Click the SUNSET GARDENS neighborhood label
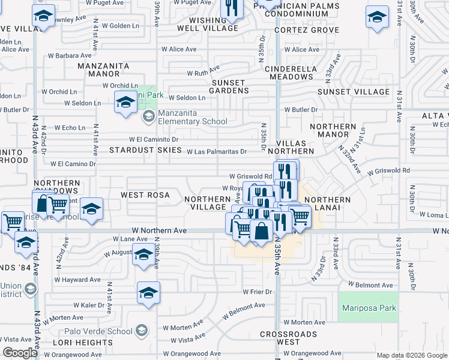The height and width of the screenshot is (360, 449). click(228, 86)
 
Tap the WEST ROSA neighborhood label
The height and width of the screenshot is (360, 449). click(144, 195)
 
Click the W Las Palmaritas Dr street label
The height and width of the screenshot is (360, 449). click(217, 152)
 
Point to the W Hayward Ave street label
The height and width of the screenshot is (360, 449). click(77, 280)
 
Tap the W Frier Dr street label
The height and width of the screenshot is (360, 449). click(258, 292)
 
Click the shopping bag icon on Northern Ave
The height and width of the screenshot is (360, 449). click(262, 231)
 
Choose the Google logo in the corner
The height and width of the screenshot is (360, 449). click(20, 353)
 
